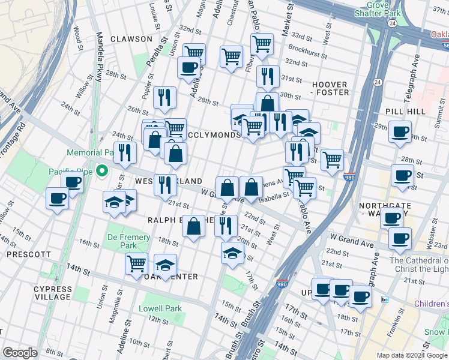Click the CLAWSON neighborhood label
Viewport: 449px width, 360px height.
coord(131,38)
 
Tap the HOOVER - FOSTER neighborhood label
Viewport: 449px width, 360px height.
coord(330,89)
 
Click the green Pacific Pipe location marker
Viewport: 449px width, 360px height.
coord(101,172)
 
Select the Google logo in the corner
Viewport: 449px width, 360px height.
coord(20,353)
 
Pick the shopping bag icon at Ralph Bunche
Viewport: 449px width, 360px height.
coord(193,227)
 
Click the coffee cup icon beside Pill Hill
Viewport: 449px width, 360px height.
coord(400,131)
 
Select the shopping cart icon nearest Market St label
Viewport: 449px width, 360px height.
coord(262,43)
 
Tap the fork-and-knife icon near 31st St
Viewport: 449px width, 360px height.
coord(268,76)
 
